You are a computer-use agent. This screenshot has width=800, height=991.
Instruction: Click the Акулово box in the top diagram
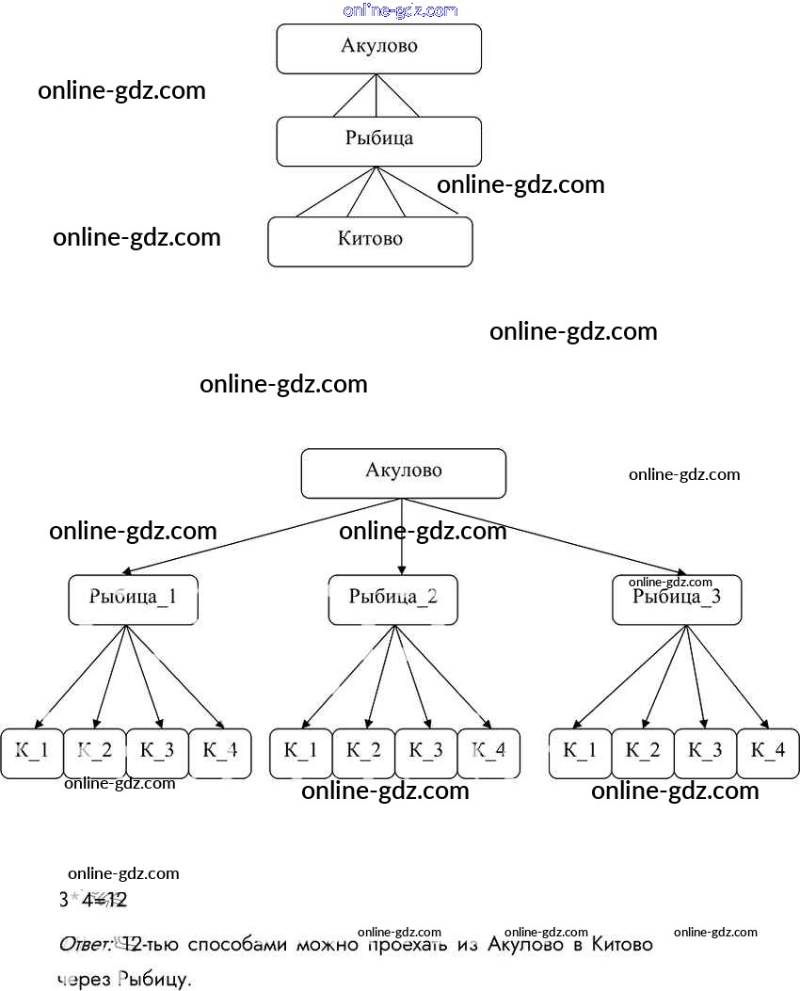click(378, 48)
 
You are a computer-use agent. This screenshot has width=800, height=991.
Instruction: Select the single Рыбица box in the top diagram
click(378, 141)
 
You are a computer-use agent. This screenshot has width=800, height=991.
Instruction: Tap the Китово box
click(370, 241)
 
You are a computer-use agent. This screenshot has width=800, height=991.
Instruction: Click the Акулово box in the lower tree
click(403, 472)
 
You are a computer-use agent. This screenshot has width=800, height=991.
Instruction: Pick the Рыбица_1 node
click(133, 599)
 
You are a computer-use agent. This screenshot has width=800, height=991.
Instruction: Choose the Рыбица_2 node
click(392, 599)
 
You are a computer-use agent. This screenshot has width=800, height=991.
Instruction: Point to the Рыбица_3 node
click(677, 599)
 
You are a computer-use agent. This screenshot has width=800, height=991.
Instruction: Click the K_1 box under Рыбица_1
click(31, 753)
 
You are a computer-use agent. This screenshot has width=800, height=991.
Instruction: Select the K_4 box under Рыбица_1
click(220, 753)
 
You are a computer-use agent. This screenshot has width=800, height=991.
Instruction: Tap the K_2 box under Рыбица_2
click(363, 753)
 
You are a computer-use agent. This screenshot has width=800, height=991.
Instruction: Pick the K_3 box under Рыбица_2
click(425, 753)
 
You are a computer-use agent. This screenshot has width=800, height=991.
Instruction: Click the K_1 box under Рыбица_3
click(580, 753)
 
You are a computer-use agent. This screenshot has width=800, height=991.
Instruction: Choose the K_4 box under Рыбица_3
click(768, 753)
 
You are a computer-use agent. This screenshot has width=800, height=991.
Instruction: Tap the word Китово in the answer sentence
click(621, 944)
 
